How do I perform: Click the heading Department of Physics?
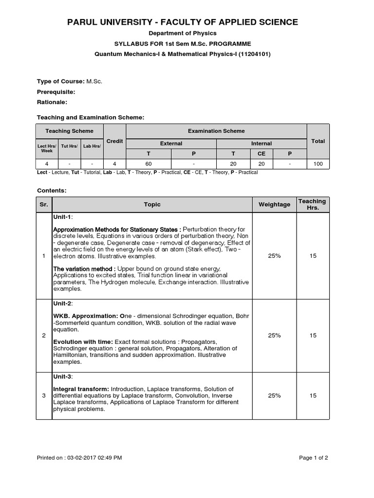(x=182, y=33)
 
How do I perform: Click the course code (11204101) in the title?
(x=254, y=54)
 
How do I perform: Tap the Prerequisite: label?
(x=56, y=91)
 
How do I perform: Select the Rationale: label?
(x=52, y=102)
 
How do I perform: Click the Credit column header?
(x=114, y=141)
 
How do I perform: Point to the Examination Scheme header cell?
(x=216, y=131)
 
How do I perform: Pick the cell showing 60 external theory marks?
(x=149, y=164)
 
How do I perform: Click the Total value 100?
(x=318, y=164)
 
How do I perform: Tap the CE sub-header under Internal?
(x=262, y=154)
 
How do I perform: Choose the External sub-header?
(x=171, y=143)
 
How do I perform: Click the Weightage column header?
(x=274, y=205)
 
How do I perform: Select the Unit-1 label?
(x=62, y=217)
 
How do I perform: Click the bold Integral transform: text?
(x=81, y=389)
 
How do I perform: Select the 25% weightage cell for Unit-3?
(x=274, y=396)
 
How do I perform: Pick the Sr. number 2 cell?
(x=44, y=336)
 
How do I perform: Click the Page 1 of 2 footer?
(x=313, y=458)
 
